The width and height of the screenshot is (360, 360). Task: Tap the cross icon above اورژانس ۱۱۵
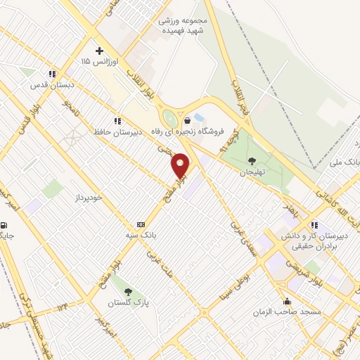tap(99, 51)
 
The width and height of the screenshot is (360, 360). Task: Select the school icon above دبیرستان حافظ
tap(117, 121)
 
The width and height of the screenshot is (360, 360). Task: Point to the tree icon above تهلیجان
tap(252, 161)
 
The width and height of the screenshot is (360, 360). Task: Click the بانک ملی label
tap(345, 162)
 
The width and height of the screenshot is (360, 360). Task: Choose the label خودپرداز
tap(89, 197)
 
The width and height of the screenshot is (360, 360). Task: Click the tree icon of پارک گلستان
tap(127, 290)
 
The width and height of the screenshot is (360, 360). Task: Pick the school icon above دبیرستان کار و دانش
tap(314, 225)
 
